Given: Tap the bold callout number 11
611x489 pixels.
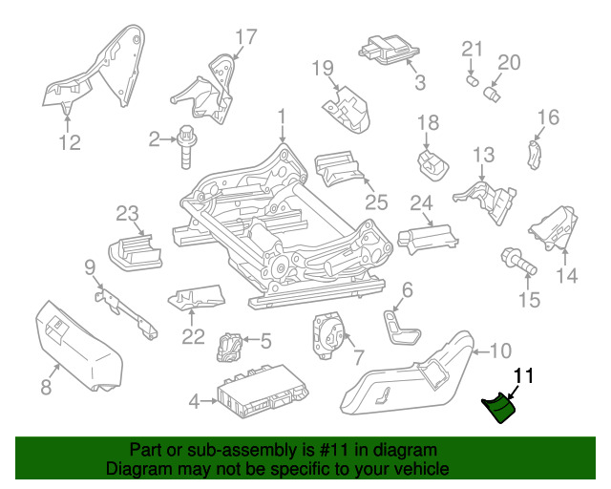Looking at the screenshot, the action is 524,376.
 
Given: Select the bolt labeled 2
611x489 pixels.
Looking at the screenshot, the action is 187,147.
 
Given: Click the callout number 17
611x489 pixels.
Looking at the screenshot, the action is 246,37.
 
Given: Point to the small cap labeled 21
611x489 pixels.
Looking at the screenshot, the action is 473,81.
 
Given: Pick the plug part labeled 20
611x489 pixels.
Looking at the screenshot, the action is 492,94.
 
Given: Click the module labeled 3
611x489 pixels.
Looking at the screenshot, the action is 389,49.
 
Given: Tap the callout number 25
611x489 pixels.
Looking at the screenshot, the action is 376,202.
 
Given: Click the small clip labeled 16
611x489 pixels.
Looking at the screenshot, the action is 535,155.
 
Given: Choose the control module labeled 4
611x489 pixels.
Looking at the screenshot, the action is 263,391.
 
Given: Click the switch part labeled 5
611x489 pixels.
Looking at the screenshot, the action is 229,347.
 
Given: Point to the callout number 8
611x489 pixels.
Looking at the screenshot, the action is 46,387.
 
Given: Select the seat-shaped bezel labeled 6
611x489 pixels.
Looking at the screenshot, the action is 402,327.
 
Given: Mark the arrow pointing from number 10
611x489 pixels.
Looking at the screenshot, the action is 480,352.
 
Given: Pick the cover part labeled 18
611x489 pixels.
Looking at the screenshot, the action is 432,164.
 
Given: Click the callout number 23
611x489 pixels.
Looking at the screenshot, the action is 127,213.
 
